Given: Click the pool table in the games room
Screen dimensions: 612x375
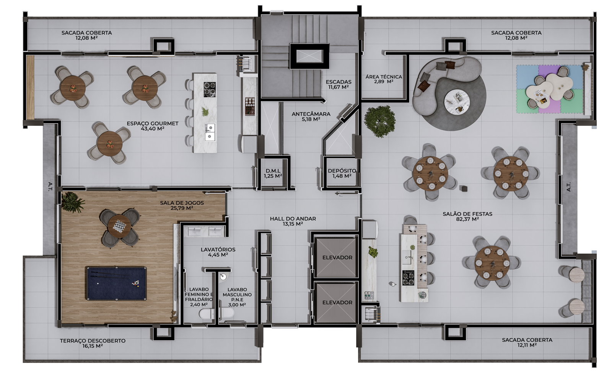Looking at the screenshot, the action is pyautogui.click(x=116, y=283).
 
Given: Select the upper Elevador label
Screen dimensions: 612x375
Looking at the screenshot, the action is pyautogui.click(x=337, y=257).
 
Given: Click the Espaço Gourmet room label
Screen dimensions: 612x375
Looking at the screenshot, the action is pyautogui.click(x=153, y=126).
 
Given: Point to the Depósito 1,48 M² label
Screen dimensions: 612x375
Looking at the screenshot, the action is pyautogui.click(x=342, y=173).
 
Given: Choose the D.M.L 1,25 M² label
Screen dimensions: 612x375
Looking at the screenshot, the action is pyautogui.click(x=273, y=174).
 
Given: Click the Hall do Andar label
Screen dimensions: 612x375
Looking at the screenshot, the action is pyautogui.click(x=293, y=221).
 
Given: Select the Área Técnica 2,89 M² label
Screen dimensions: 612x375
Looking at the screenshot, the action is pyautogui.click(x=384, y=79).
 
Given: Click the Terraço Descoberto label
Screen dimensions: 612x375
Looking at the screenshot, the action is pyautogui.click(x=93, y=343).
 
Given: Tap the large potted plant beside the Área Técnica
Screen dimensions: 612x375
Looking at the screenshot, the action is pyautogui.click(x=380, y=121).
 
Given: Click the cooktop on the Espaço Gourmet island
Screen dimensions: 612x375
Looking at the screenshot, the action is pyautogui.click(x=210, y=90).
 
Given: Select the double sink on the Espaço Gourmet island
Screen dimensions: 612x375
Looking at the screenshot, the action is pyautogui.click(x=210, y=132).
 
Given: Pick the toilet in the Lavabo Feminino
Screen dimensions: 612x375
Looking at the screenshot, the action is pyautogui.click(x=207, y=314).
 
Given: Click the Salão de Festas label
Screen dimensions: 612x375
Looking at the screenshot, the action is pyautogui.click(x=467, y=216).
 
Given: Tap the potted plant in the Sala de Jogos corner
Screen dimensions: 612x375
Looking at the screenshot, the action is pyautogui.click(x=73, y=202).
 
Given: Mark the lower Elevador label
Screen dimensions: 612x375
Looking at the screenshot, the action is pyautogui.click(x=337, y=302).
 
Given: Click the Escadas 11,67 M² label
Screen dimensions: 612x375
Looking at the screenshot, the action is pyautogui.click(x=339, y=84).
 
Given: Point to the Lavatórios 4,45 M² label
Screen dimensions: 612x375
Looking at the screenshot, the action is pyautogui.click(x=218, y=252).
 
